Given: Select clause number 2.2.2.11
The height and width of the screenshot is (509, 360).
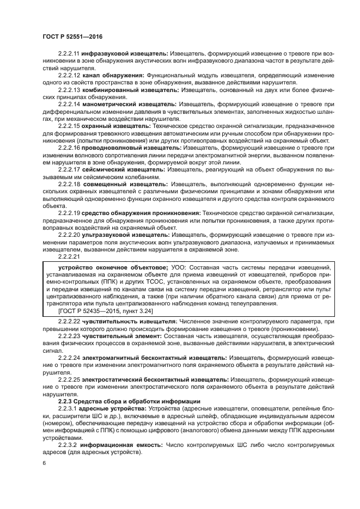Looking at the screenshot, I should [x=69, y=55].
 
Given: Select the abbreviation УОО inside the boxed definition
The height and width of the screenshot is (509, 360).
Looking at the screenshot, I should [x=178, y=267].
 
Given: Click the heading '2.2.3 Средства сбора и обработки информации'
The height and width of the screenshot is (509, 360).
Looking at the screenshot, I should [x=130, y=401].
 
